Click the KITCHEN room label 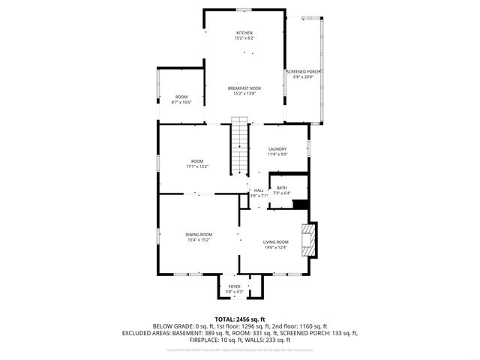[244, 33]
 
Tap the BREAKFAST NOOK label [244, 88]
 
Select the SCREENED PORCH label [304, 72]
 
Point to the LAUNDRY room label [277, 149]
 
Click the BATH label [281, 187]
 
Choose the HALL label [259, 190]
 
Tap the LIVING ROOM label [275, 241]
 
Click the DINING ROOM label [199, 235]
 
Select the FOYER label [234, 286]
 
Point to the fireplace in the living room [307, 238]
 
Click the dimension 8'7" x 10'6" [181, 102]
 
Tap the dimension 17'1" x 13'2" [196, 166]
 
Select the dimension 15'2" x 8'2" [244, 38]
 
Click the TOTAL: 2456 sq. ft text [239, 319]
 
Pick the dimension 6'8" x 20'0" [304, 76]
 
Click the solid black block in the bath [300, 204]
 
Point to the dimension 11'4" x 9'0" [277, 154]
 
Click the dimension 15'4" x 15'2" [199, 240]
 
